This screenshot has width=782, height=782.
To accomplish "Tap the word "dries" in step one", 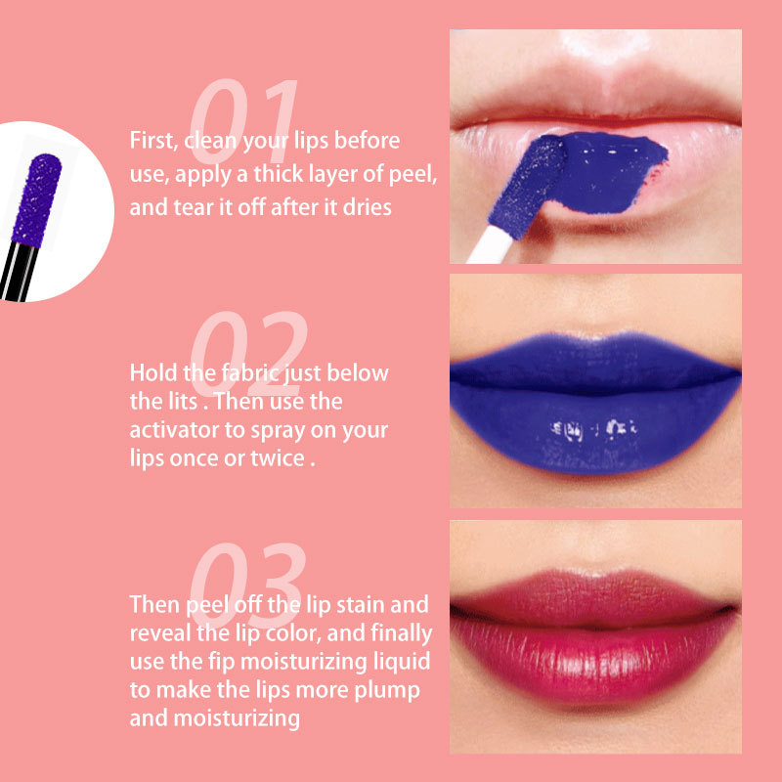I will (x=369, y=207).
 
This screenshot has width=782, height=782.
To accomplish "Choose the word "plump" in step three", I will (x=393, y=691).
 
